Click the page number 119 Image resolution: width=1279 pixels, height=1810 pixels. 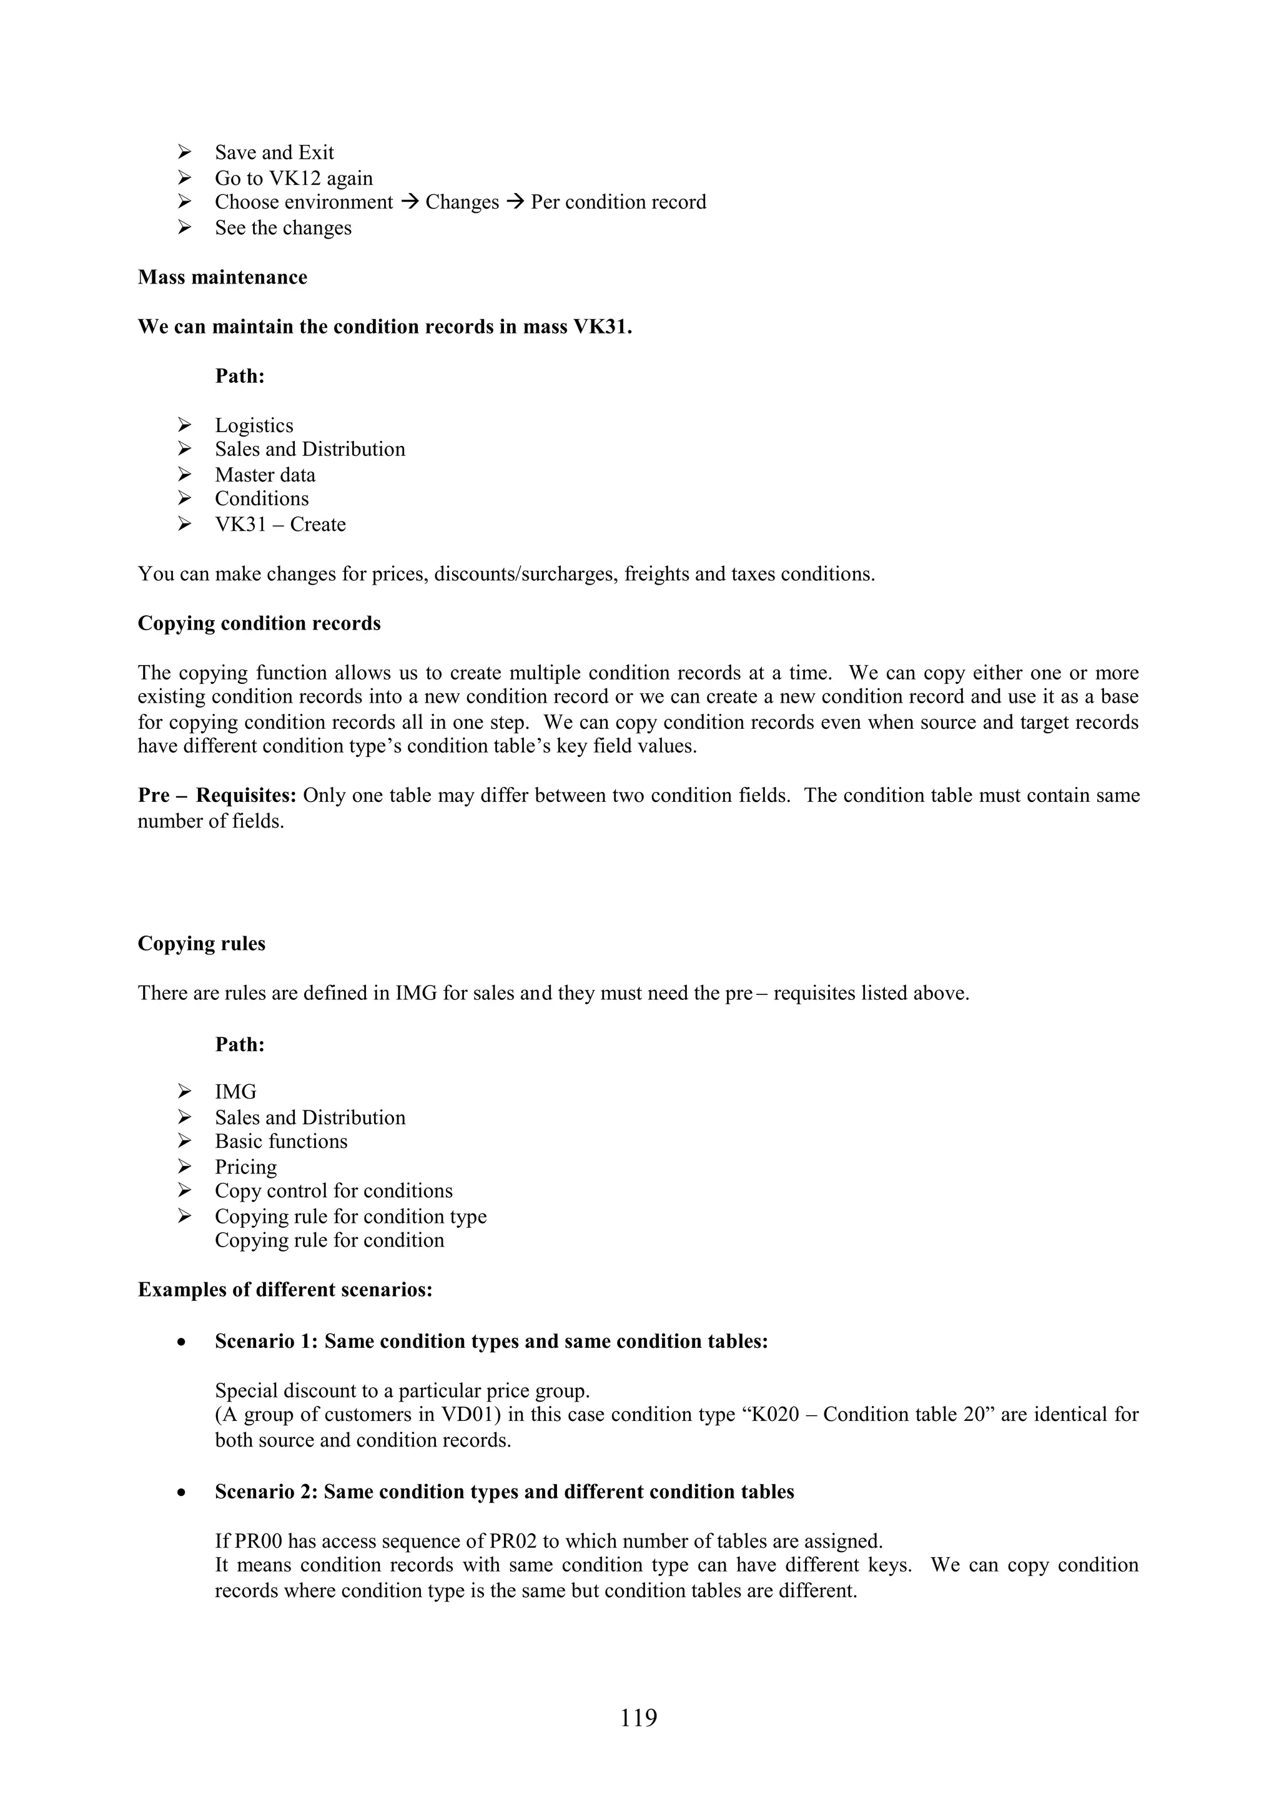[638, 1717]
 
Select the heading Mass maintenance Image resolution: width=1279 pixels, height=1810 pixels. [222, 277]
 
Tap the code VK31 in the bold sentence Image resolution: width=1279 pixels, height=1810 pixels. [601, 327]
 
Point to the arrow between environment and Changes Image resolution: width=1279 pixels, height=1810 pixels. [409, 202]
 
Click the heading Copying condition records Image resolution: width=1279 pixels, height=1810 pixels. [259, 623]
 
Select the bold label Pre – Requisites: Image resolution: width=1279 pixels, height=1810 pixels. [217, 796]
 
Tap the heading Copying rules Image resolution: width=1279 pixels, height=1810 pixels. [201, 944]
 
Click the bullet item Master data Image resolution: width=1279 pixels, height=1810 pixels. [265, 475]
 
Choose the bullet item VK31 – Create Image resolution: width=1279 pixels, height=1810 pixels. [280, 525]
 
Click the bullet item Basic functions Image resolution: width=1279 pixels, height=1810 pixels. [280, 1142]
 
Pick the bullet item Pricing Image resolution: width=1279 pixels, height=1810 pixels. [246, 1167]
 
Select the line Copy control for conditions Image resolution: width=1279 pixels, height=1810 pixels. [333, 1191]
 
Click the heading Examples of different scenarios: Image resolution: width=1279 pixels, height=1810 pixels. [285, 1290]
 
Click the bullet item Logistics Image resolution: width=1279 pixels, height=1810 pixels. [254, 426]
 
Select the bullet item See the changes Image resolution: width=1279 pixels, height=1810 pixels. [283, 229]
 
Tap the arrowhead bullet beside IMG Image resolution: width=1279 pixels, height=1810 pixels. [184, 1092]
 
